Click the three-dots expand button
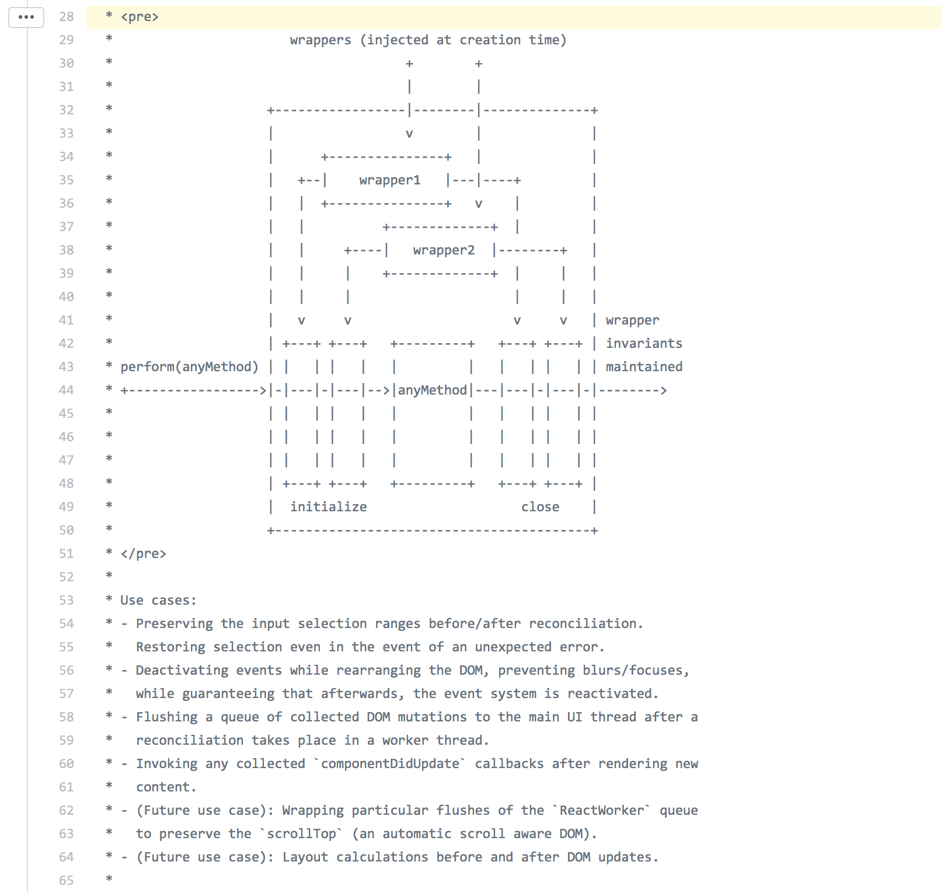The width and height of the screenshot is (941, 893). (26, 18)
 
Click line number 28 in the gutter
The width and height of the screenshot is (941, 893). (67, 17)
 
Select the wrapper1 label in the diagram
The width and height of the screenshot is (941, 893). (390, 180)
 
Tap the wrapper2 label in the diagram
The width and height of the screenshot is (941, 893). (444, 250)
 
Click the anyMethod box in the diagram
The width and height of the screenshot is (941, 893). (433, 390)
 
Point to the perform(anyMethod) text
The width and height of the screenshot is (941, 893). (189, 367)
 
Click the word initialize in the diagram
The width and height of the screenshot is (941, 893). (329, 507)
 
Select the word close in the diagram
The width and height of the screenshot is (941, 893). (540, 507)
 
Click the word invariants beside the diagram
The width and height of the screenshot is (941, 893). (644, 344)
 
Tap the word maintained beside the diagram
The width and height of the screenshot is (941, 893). (644, 367)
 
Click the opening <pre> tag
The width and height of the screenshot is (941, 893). (140, 17)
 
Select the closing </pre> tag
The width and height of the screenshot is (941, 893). (144, 554)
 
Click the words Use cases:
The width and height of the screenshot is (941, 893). (159, 601)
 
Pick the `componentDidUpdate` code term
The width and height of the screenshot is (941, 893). (390, 764)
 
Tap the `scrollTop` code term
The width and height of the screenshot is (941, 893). (301, 834)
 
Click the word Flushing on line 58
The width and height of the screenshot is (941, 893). (167, 717)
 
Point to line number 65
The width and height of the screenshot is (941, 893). (67, 881)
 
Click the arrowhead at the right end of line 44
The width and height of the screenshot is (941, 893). (663, 390)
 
